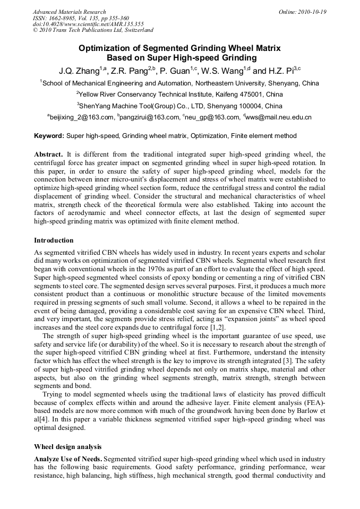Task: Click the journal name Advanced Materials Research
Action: pyautogui.click(x=70, y=12)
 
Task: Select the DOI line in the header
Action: pyautogui.click(x=88, y=24)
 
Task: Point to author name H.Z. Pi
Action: pyautogui.click(x=280, y=71)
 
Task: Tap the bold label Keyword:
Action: pyautogui.click(x=49, y=136)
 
